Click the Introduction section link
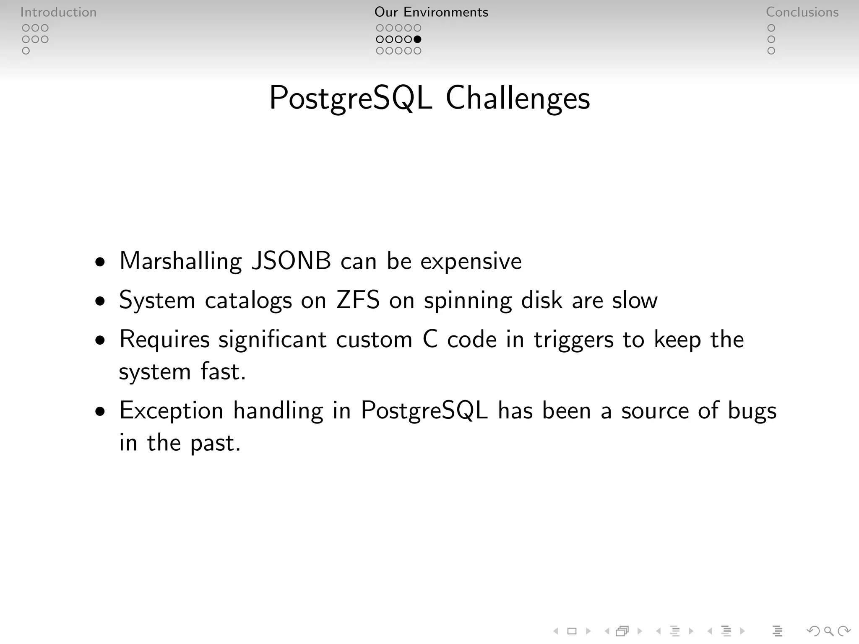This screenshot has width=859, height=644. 58,12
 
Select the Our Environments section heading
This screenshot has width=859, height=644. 431,12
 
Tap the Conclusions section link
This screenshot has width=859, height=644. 802,12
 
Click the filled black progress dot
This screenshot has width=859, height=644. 417,39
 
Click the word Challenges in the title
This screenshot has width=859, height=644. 518,98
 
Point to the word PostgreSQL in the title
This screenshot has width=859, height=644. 351,98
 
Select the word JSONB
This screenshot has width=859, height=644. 291,261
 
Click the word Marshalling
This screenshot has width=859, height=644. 181,261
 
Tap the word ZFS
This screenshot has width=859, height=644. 358,300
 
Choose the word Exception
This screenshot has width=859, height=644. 171,410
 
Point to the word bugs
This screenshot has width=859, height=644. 752,410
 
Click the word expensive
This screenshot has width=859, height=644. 471,262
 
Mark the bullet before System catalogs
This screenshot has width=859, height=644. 100,301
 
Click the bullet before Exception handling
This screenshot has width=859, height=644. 100,411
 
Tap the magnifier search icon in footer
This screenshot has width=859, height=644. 828,631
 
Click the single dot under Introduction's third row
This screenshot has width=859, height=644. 26,51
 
